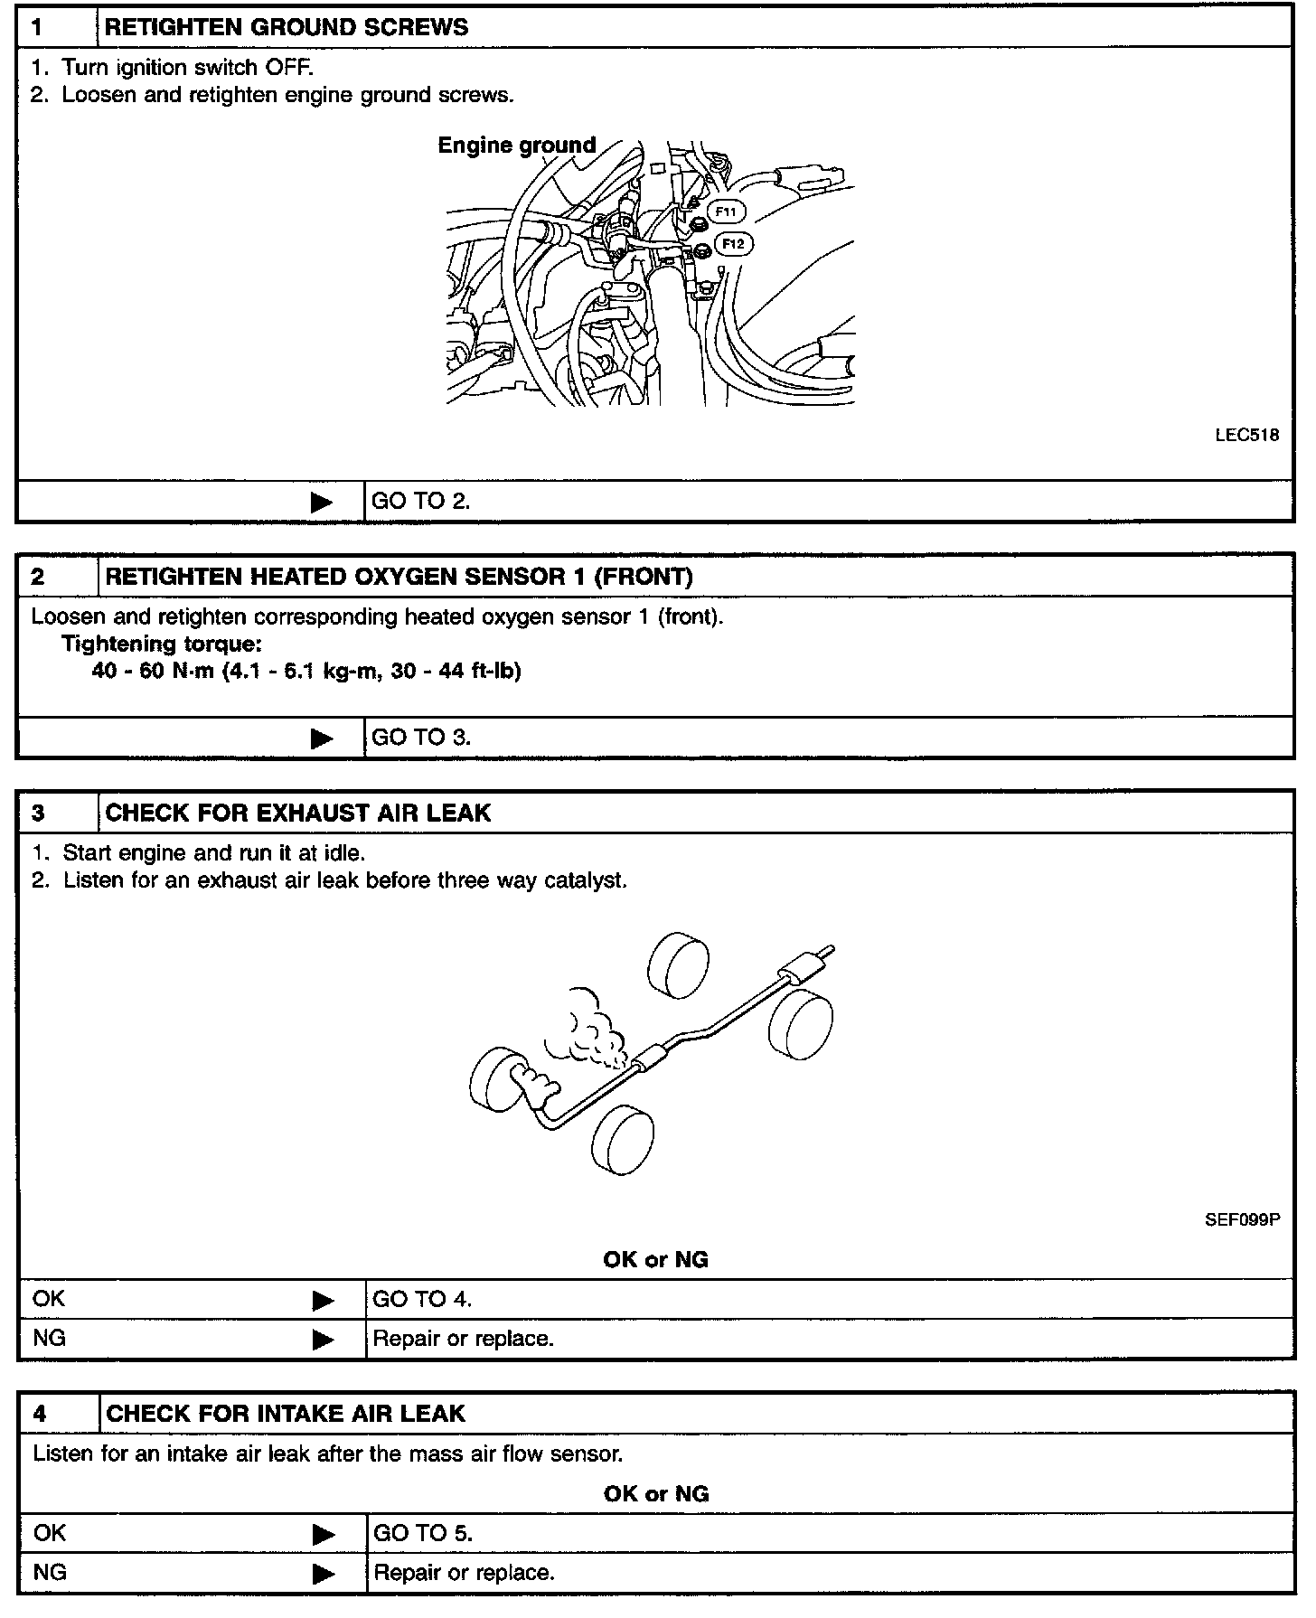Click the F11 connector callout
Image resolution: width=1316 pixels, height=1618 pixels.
point(726,212)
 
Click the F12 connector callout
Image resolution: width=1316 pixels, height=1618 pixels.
point(733,243)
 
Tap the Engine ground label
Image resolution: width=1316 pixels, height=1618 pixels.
point(516,146)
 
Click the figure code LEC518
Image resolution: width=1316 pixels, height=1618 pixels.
point(1246,435)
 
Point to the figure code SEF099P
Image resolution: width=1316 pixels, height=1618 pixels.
point(1242,1218)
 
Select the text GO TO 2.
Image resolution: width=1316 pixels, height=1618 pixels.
point(421,502)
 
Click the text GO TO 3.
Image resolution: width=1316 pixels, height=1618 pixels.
point(421,737)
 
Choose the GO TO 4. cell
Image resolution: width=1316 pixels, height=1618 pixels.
point(422,1299)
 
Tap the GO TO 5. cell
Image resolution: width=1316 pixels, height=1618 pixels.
point(423,1533)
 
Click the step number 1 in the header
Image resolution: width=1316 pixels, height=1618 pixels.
point(37,27)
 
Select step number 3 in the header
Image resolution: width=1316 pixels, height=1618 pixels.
point(38,813)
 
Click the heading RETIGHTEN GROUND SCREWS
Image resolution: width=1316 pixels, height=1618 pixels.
point(287,27)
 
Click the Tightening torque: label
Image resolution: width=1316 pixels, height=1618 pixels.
point(162,644)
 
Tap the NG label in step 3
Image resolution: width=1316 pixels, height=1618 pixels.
point(49,1338)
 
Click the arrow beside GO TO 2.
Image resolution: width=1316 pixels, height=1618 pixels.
point(322,502)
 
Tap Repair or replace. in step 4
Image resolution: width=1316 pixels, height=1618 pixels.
point(464,1573)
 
